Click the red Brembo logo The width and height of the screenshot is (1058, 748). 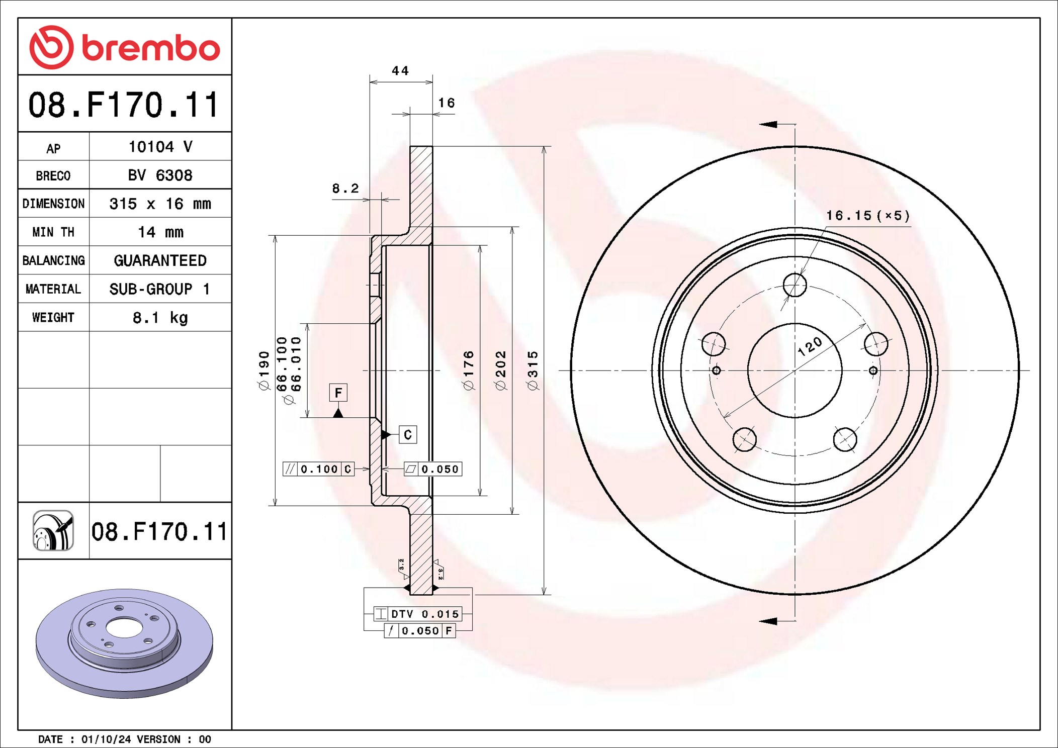125,47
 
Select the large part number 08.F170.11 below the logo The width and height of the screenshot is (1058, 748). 124,105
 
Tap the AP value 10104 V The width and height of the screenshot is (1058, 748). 160,147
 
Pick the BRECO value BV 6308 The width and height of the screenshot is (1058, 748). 160,175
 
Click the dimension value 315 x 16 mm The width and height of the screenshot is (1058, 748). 160,204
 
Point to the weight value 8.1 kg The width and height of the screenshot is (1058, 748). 160,318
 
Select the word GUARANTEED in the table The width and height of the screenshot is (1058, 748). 160,260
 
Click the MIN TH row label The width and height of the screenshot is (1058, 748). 53,232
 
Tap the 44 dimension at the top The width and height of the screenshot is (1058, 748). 400,71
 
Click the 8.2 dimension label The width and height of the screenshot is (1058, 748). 345,189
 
